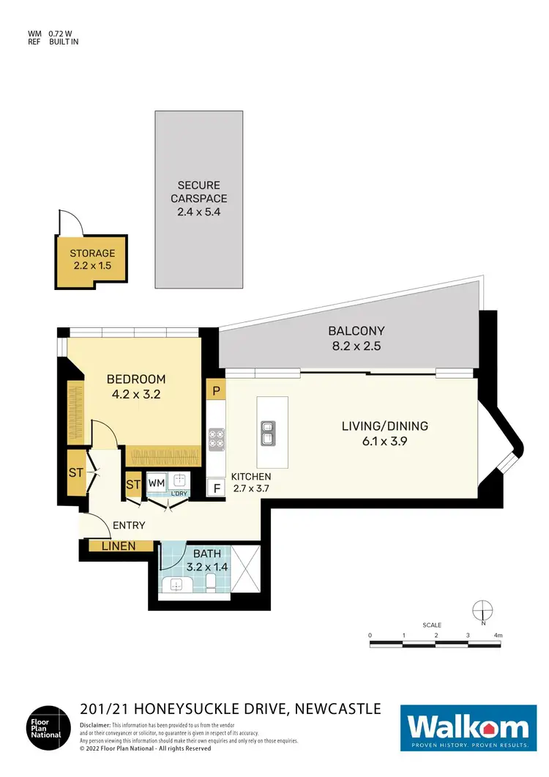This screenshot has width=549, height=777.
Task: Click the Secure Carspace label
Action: pos(198,198)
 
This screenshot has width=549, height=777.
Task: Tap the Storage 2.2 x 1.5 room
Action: pos(92,260)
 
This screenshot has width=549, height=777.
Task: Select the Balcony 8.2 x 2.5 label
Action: pos(356,338)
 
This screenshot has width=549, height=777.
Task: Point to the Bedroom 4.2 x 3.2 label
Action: pos(136,386)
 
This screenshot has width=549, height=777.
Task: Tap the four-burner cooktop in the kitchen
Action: pos(217,436)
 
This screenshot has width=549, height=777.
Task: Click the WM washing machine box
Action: pos(156,483)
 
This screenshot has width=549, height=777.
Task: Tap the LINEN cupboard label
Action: pos(119,546)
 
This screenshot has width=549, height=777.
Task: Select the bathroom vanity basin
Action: pos(176,584)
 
